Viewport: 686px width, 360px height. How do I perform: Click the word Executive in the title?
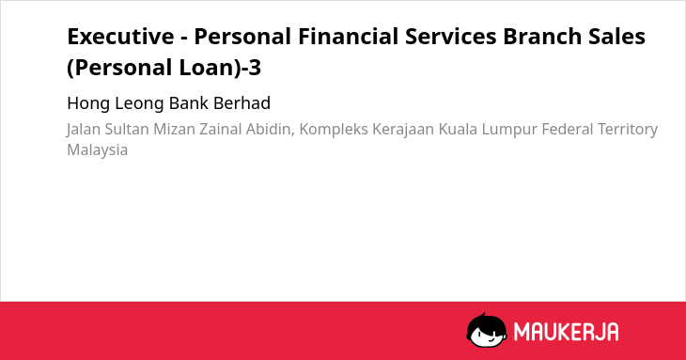120,37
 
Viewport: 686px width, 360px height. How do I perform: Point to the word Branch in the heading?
542,37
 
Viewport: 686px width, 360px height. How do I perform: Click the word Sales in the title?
616,37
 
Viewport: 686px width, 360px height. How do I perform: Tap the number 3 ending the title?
255,68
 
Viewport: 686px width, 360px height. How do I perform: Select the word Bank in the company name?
189,103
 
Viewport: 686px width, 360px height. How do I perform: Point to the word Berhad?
242,103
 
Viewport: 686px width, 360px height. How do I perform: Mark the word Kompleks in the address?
334,130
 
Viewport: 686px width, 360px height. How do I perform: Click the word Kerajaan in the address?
403,130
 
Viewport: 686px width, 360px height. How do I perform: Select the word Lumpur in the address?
509,130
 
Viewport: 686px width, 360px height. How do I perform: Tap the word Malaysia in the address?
97,150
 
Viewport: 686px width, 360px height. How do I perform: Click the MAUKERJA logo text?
566,332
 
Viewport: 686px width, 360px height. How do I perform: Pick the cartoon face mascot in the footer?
486,330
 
